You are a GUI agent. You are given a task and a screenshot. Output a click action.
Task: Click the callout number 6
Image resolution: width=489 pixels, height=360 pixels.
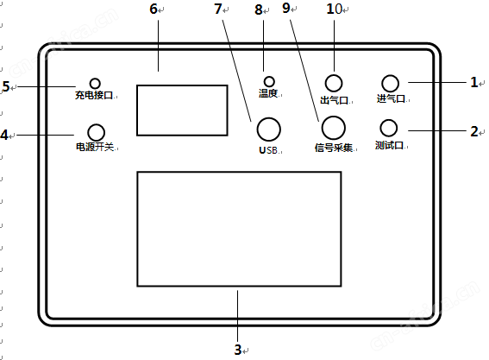coord(154,9)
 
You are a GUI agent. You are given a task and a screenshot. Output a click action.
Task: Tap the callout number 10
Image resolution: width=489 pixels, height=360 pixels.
coord(335,9)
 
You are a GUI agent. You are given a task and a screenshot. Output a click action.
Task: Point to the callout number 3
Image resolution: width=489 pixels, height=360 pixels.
coord(238,350)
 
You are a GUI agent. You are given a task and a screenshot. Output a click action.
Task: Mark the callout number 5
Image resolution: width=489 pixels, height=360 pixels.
coord(6,86)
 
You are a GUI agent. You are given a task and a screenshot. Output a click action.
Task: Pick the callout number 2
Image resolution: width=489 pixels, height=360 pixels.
coord(474,132)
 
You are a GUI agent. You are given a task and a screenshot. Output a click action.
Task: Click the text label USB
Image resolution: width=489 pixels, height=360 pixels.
coord(268,150)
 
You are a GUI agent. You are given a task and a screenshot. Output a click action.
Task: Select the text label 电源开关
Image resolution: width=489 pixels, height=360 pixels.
coord(95,147)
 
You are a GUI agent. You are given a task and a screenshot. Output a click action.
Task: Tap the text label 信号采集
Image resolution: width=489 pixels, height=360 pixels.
coord(334,148)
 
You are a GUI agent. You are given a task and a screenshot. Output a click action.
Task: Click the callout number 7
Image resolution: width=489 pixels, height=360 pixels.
coord(218,9)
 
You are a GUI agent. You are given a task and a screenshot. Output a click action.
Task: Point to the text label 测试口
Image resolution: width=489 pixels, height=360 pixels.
coord(390,145)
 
